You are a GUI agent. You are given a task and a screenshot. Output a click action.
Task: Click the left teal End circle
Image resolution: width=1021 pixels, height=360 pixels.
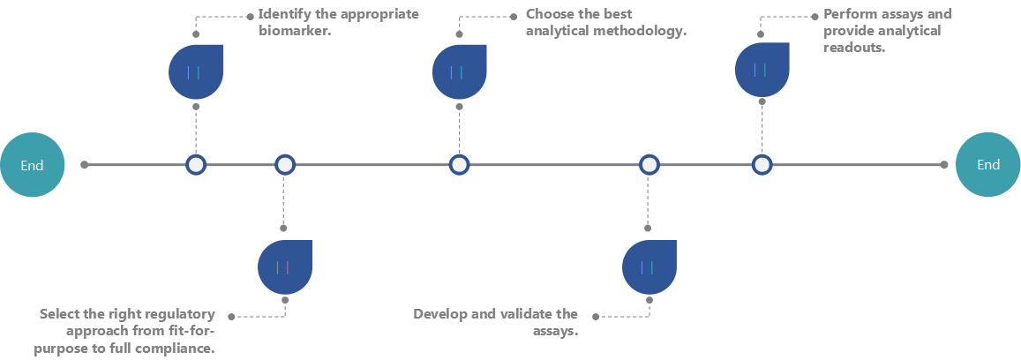pyautogui.click(x=33, y=164)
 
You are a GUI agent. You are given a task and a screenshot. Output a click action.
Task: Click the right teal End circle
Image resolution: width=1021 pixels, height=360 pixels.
pyautogui.click(x=988, y=164)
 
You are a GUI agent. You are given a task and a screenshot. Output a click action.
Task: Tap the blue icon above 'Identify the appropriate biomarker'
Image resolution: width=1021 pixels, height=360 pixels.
pyautogui.click(x=196, y=71)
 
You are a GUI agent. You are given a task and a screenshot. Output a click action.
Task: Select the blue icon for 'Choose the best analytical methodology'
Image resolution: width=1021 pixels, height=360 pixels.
pyautogui.click(x=460, y=71)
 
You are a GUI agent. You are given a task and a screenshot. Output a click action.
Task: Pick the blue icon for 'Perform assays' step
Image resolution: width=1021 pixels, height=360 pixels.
pyautogui.click(x=762, y=70)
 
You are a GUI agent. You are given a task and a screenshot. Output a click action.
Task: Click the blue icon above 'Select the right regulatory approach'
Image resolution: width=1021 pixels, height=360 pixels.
pyautogui.click(x=285, y=266)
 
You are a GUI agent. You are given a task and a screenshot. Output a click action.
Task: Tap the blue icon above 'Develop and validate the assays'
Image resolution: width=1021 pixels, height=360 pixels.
pyautogui.click(x=649, y=266)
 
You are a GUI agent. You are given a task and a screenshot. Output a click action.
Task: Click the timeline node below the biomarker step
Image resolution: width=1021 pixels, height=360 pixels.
pyautogui.click(x=196, y=164)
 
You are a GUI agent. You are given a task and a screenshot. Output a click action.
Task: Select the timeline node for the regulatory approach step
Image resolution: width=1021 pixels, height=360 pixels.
pyautogui.click(x=284, y=164)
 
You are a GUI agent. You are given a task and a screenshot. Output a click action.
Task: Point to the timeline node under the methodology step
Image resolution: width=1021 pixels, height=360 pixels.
pyautogui.click(x=459, y=164)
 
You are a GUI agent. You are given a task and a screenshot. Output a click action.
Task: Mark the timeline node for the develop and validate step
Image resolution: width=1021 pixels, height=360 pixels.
pyautogui.click(x=649, y=164)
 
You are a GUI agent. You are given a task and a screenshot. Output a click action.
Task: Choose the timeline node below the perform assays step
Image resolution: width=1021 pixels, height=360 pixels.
pyautogui.click(x=762, y=164)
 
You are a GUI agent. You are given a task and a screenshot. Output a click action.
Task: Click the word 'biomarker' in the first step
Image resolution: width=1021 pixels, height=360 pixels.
pyautogui.click(x=287, y=32)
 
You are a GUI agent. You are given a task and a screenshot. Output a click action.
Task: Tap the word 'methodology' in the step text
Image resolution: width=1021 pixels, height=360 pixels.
pyautogui.click(x=642, y=32)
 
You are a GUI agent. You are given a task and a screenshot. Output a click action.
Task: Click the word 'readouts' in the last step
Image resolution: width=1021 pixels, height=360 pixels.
pyautogui.click(x=853, y=48)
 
